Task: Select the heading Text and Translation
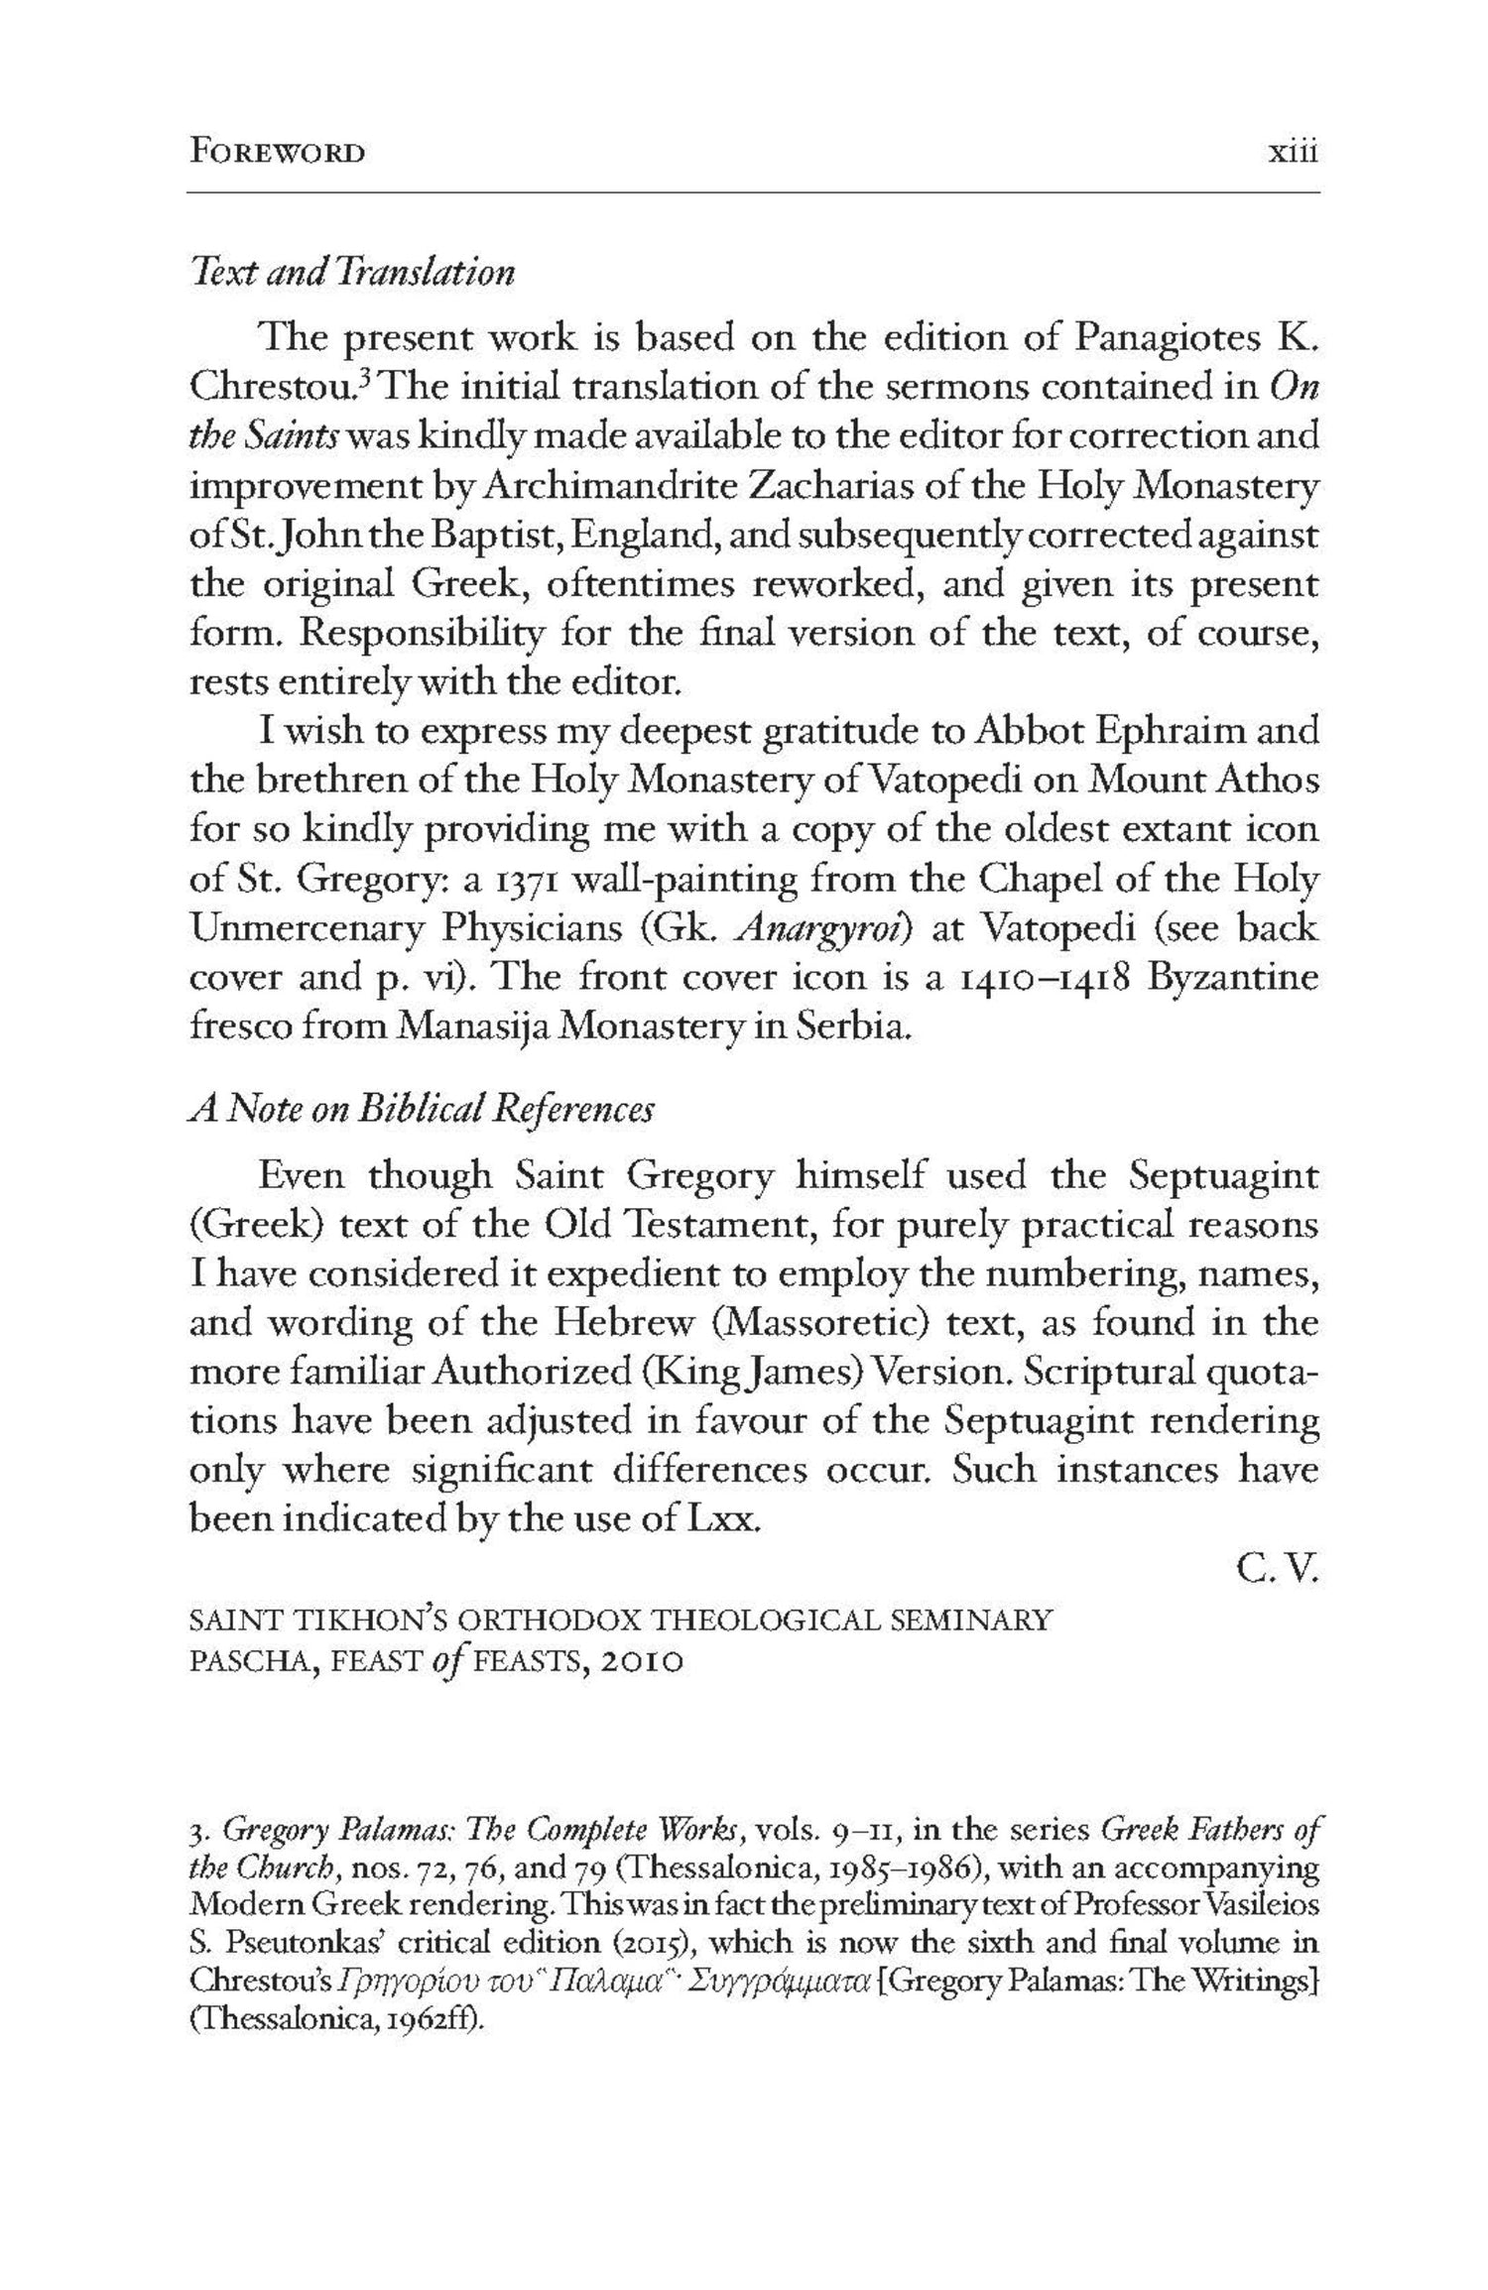(352, 272)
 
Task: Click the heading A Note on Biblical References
(422, 1108)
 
